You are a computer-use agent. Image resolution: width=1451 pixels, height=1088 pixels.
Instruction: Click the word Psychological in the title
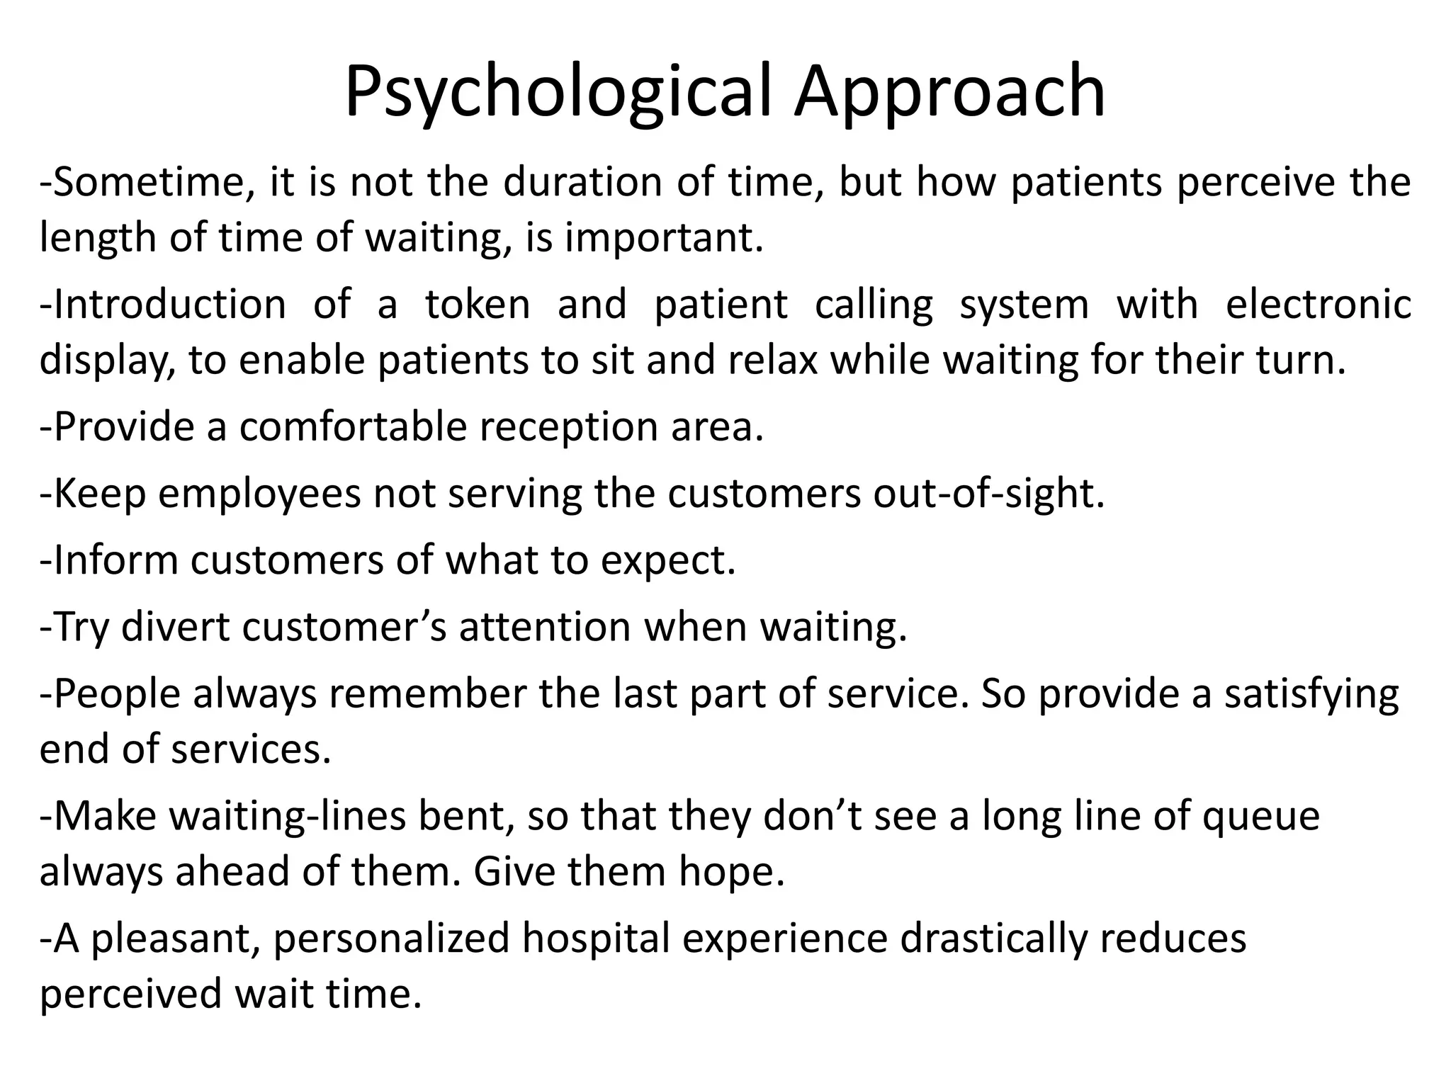tap(557, 92)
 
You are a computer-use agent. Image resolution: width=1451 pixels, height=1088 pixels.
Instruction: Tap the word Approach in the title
tap(949, 92)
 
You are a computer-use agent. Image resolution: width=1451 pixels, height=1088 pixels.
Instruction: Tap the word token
tap(478, 305)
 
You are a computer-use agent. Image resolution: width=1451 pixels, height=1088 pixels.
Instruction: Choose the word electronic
tap(1318, 305)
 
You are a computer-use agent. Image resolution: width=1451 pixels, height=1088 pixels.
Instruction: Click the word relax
tap(774, 361)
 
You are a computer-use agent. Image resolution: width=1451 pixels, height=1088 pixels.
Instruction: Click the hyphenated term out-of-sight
tap(988, 494)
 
